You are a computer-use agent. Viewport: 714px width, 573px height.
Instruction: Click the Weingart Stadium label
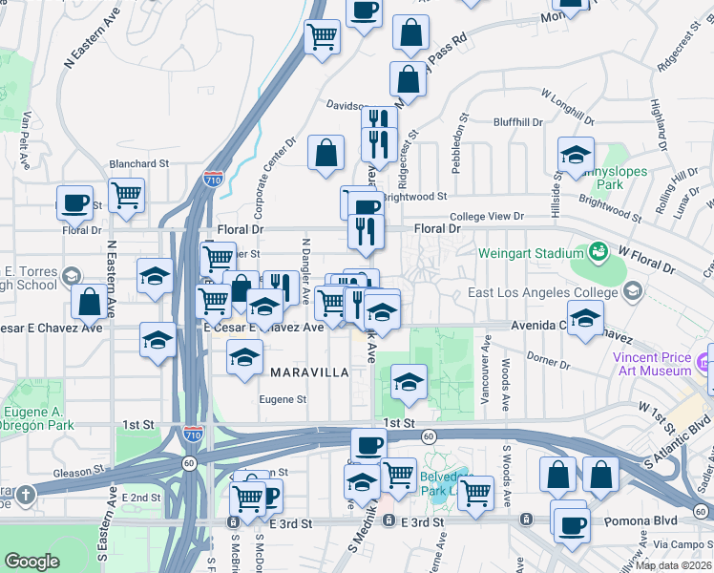[533, 253]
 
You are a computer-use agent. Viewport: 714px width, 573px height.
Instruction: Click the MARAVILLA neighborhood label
[308, 371]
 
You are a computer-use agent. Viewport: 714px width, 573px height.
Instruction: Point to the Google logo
[32, 562]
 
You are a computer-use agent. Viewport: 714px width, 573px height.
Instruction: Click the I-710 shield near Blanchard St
[214, 179]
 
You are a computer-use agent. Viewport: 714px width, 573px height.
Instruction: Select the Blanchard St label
[138, 163]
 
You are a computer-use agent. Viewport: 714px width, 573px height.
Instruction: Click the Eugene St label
[283, 399]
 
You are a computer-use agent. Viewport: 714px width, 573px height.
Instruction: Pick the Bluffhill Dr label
[517, 122]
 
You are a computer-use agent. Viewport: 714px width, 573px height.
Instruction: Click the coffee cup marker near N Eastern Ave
[74, 202]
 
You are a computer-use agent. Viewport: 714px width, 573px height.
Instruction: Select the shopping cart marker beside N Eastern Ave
[126, 196]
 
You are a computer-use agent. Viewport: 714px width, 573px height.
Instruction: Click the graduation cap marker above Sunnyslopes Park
[577, 155]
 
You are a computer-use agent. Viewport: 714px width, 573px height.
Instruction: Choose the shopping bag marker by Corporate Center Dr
[326, 153]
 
